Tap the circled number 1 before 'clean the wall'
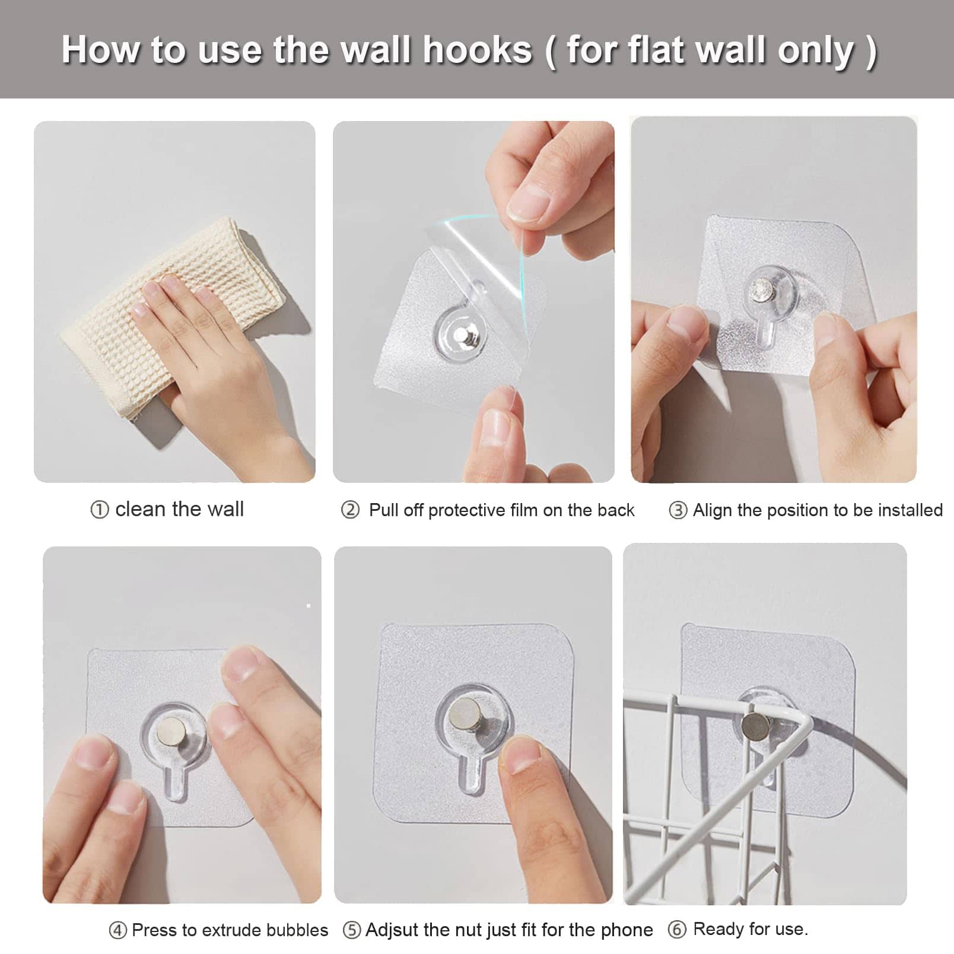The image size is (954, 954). (99, 510)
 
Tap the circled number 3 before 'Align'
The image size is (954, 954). (678, 510)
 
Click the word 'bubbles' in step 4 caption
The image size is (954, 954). (297, 930)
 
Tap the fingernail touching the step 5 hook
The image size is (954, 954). (521, 755)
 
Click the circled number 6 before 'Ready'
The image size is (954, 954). (677, 929)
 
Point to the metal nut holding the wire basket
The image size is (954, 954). (754, 724)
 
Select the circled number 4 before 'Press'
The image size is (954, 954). (117, 930)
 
